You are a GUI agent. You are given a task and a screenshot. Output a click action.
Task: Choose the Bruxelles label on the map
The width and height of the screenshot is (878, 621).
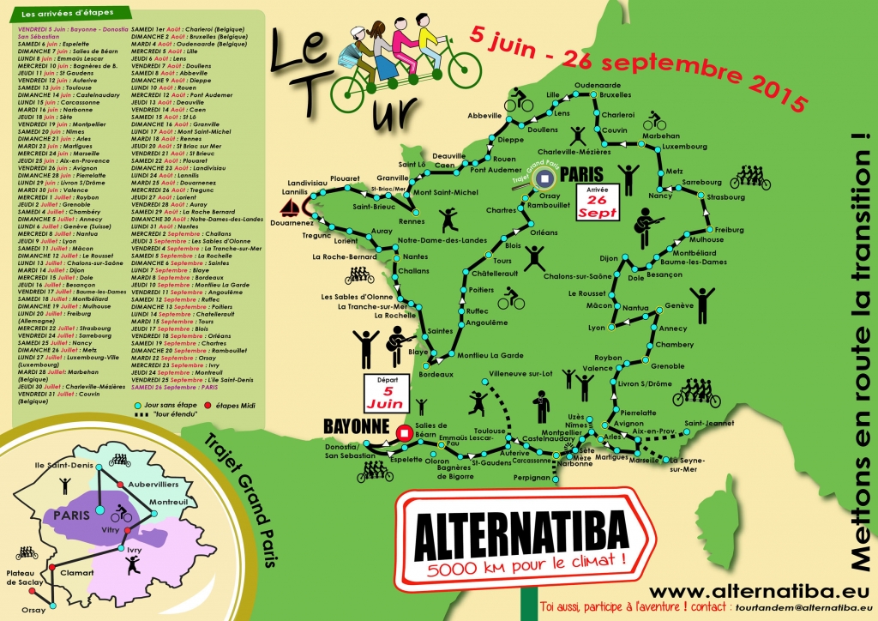click(x=615, y=94)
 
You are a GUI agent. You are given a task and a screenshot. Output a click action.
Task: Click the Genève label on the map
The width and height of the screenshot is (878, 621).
click(x=679, y=306)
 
